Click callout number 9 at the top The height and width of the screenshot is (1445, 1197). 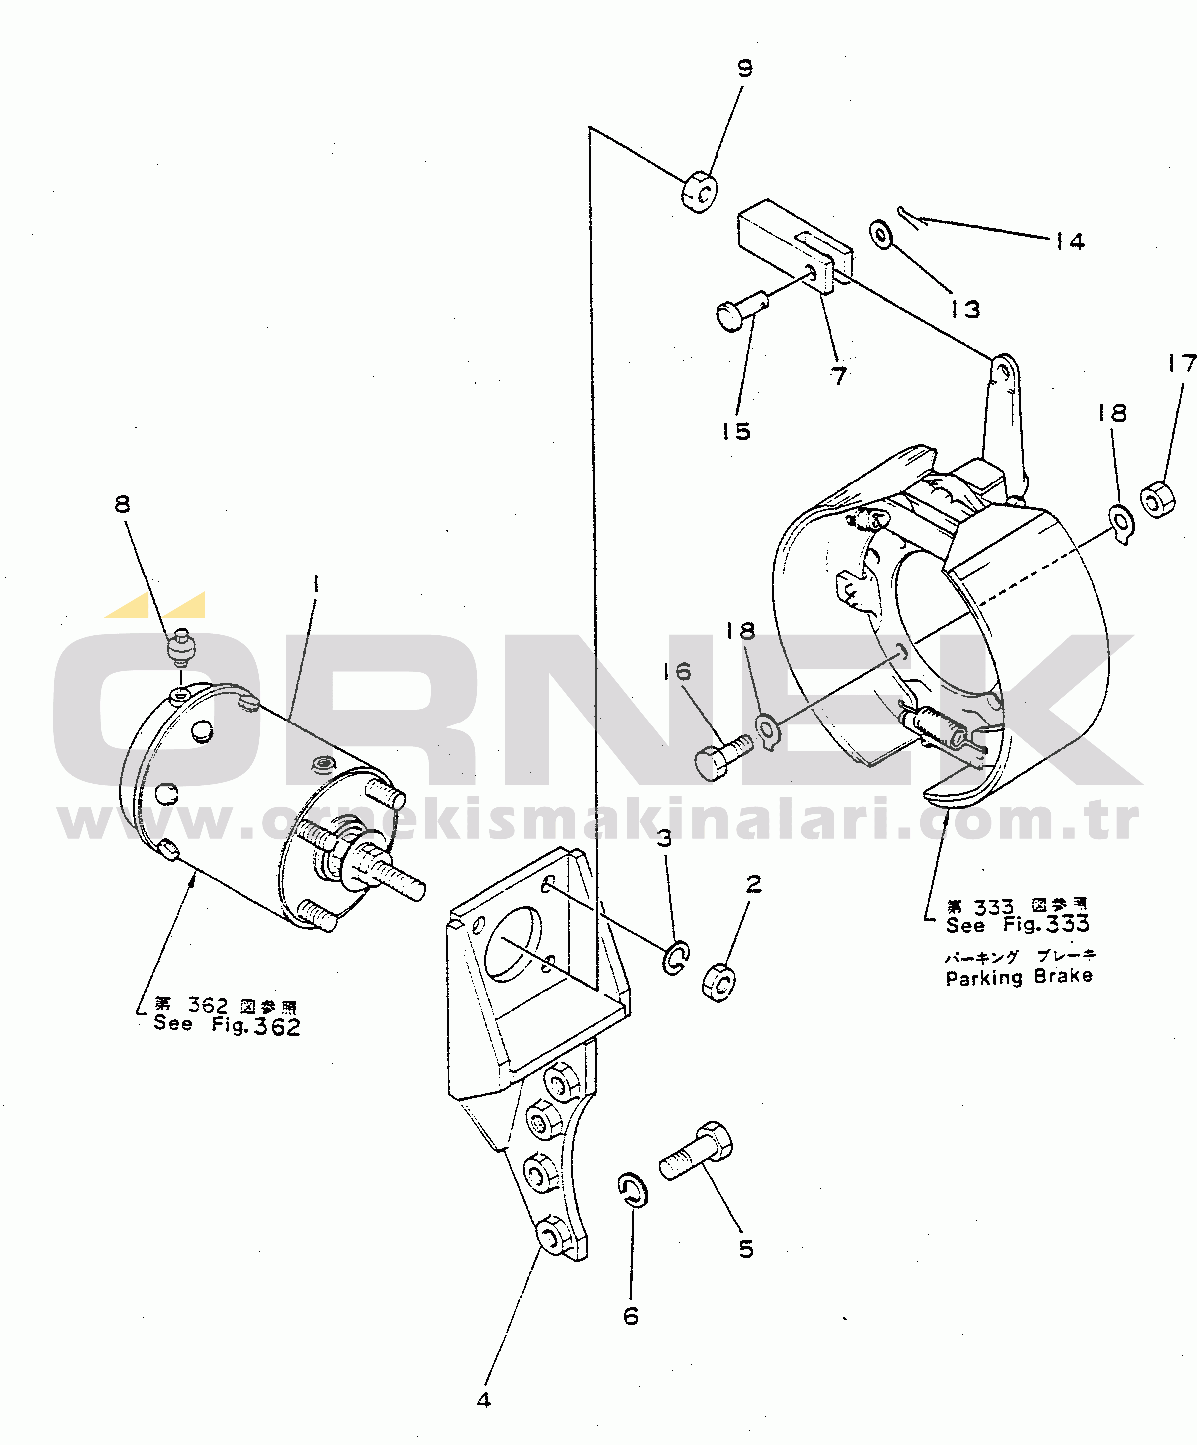pyautogui.click(x=745, y=69)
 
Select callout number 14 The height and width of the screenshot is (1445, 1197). pyautogui.click(x=1070, y=241)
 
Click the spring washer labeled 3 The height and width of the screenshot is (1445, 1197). pyautogui.click(x=676, y=957)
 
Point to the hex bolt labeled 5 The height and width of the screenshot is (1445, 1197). pyautogui.click(x=696, y=1151)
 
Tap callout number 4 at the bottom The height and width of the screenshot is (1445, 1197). pyautogui.click(x=483, y=1400)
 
